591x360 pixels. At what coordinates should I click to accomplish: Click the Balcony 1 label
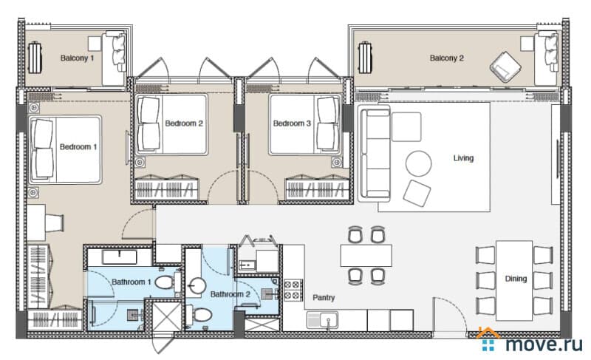(77, 58)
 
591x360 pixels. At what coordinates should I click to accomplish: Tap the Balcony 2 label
(447, 58)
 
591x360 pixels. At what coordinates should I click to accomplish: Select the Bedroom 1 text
(78, 146)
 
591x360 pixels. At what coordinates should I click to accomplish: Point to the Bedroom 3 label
(292, 123)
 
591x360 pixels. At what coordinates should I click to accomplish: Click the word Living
(463, 158)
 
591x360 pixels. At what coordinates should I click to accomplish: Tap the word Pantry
(324, 298)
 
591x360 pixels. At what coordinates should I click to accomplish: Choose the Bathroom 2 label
(230, 294)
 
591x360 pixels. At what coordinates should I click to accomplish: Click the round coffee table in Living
(418, 163)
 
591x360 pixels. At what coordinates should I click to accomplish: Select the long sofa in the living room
(375, 154)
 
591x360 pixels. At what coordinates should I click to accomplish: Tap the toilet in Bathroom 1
(168, 282)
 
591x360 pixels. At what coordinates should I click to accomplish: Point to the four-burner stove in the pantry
(293, 290)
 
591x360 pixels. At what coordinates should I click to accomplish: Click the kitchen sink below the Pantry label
(322, 320)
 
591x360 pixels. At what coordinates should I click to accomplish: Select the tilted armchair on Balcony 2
(505, 67)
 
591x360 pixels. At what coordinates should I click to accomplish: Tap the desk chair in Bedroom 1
(55, 223)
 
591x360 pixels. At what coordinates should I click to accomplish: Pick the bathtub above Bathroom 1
(120, 257)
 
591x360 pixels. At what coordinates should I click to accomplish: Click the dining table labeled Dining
(514, 280)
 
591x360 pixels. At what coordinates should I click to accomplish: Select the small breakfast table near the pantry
(366, 256)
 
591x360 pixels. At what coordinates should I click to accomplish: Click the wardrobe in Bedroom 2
(167, 187)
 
